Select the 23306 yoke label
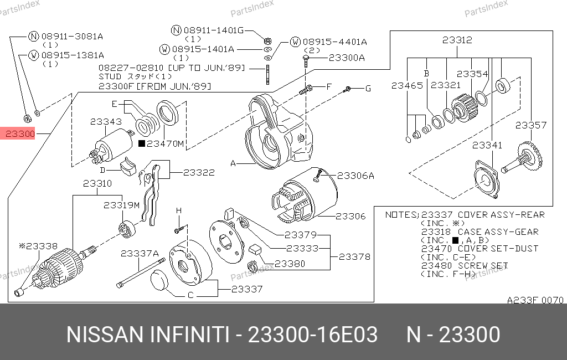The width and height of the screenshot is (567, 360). pyautogui.click(x=350, y=216)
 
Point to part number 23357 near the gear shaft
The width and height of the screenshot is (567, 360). pyautogui.click(x=531, y=126)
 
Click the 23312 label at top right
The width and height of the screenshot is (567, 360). pyautogui.click(x=457, y=40)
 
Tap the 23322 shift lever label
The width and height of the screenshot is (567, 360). pyautogui.click(x=199, y=173)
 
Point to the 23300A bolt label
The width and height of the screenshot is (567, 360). pyautogui.click(x=347, y=58)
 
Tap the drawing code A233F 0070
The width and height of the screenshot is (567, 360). pyautogui.click(x=535, y=300)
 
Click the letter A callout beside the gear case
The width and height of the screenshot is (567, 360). pyautogui.click(x=233, y=164)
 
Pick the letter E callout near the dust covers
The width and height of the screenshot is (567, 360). pyautogui.click(x=114, y=104)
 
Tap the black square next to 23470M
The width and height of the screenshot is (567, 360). pyautogui.click(x=142, y=144)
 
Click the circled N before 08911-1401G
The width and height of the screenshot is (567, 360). pyautogui.click(x=176, y=30)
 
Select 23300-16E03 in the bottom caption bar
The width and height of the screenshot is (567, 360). pyautogui.click(x=313, y=335)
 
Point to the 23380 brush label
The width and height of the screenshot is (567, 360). pyautogui.click(x=290, y=264)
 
